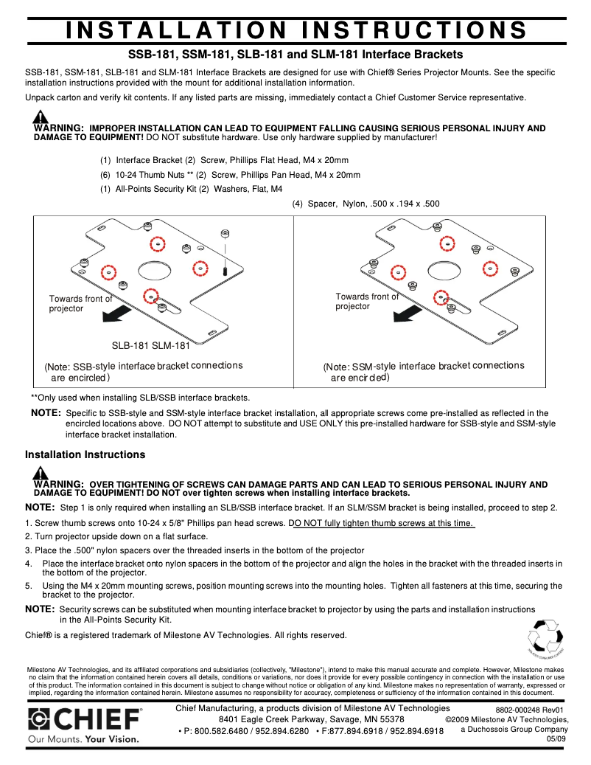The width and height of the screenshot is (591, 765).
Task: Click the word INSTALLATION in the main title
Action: (x=175, y=30)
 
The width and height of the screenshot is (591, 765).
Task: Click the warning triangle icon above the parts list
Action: (x=41, y=117)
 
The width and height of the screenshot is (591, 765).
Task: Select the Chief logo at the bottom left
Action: (x=84, y=718)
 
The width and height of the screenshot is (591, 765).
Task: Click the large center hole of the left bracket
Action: (x=153, y=267)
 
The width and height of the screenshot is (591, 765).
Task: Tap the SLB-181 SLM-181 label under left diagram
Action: (x=150, y=345)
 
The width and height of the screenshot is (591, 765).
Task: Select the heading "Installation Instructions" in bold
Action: (x=85, y=454)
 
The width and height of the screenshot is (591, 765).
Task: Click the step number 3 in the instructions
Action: (x=27, y=550)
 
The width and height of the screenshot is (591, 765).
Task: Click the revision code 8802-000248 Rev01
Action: (x=529, y=709)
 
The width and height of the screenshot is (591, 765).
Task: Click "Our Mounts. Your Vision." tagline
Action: (x=83, y=738)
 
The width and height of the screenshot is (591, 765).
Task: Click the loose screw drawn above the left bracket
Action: (x=225, y=251)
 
